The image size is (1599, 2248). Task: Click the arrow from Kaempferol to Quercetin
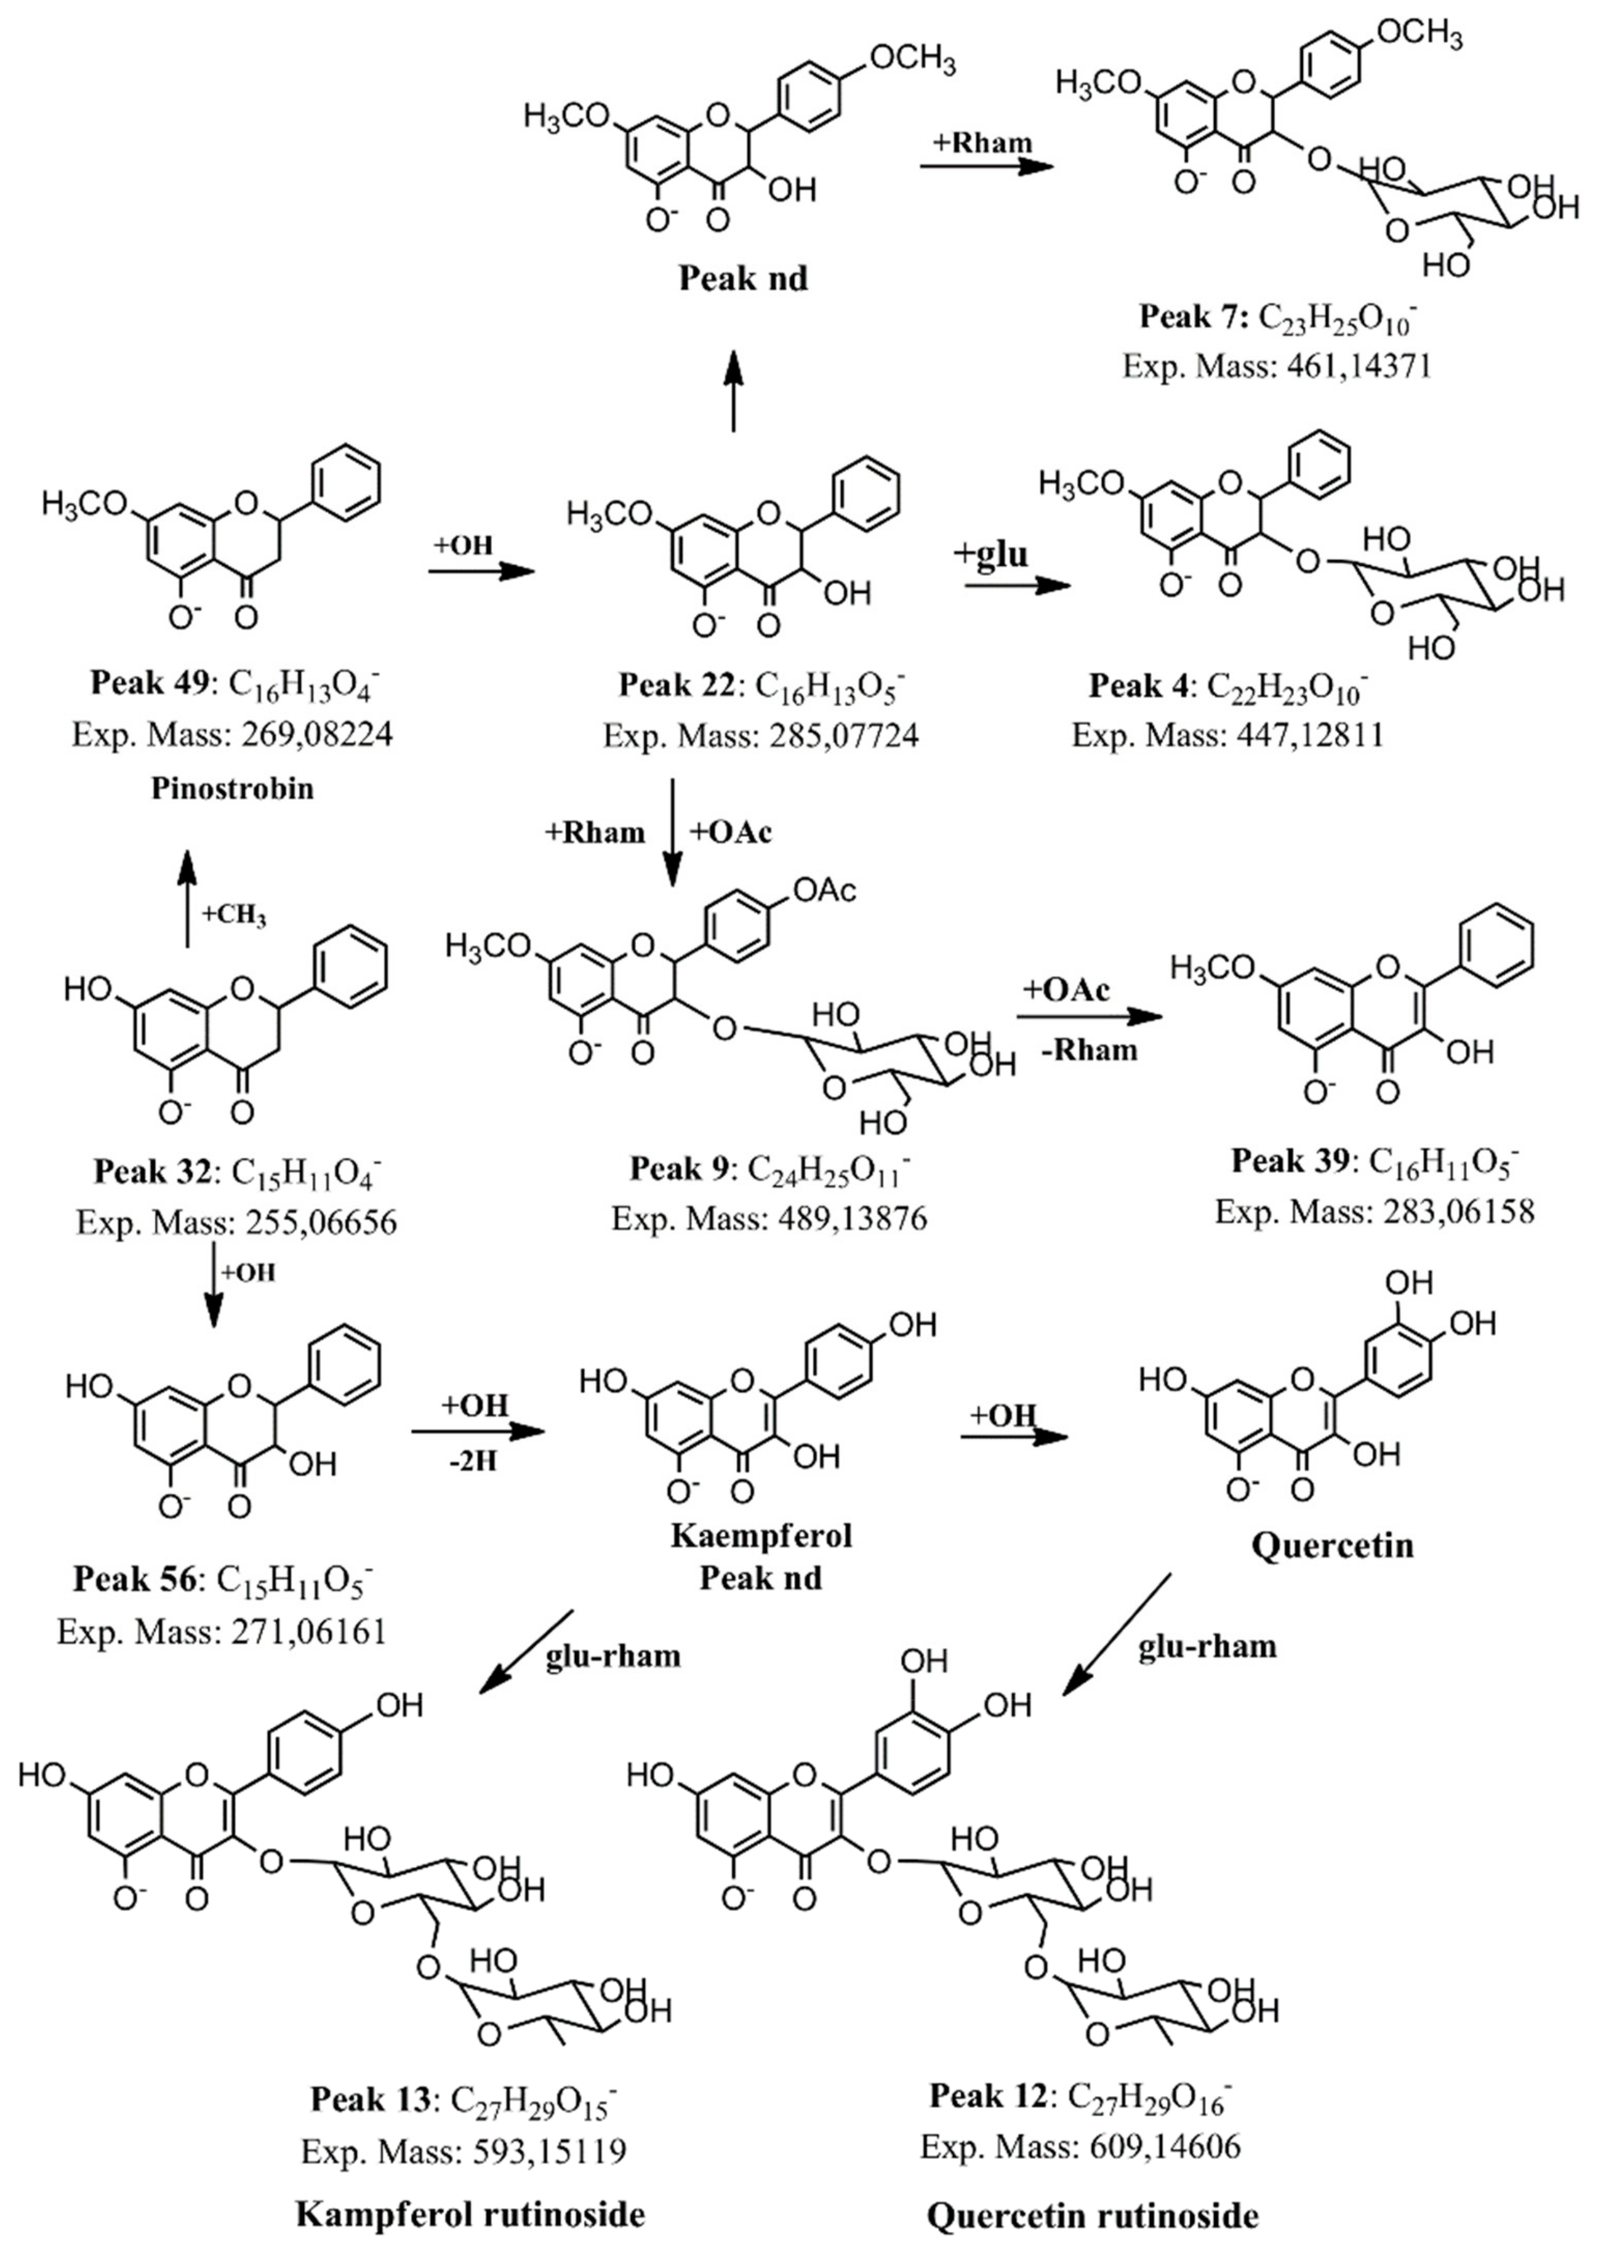1014,1438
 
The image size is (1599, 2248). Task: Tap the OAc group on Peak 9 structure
824,890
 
